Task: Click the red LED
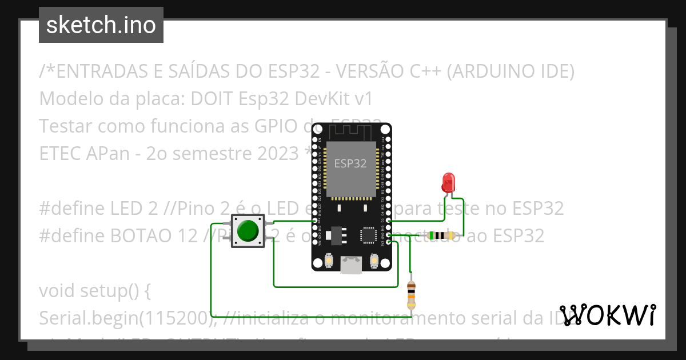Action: click(448, 183)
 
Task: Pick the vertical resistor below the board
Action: click(411, 295)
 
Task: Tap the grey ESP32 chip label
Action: click(350, 163)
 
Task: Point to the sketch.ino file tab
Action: click(101, 25)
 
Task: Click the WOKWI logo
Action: click(608, 315)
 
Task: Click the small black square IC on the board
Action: click(368, 235)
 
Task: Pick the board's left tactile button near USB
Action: click(329, 261)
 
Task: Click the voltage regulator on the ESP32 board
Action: click(340, 234)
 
